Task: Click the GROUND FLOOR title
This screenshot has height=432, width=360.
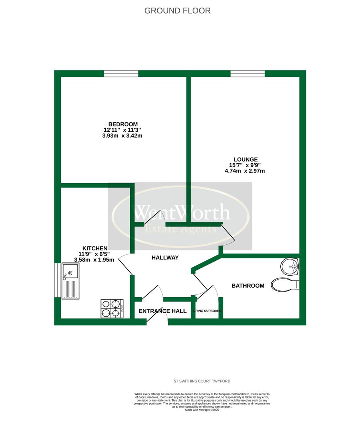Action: [x=177, y=11]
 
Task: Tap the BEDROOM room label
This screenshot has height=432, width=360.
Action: [x=123, y=124]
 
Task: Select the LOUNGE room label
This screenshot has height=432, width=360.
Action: [x=245, y=160]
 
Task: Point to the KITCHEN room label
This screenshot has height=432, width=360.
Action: [x=95, y=248]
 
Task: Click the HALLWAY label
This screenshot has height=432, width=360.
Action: [x=165, y=258]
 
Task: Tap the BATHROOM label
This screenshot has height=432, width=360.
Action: [x=248, y=286]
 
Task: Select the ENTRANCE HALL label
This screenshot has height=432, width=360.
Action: [x=163, y=311]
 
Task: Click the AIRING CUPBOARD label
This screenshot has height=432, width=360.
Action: [x=207, y=311]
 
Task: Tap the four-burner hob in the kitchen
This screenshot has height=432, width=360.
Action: [x=112, y=308]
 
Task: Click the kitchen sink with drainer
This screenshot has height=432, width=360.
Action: [x=70, y=281]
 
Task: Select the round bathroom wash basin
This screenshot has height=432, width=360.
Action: [x=290, y=266]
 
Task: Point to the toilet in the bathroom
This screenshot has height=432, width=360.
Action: [x=285, y=284]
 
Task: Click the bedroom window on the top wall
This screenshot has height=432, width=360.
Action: [x=121, y=74]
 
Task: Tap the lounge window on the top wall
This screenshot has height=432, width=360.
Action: [x=248, y=74]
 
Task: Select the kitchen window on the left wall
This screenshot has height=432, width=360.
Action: [x=57, y=280]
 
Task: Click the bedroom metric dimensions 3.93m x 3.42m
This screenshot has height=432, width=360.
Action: [x=122, y=136]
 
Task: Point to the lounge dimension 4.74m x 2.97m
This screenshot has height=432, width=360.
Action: [x=245, y=171]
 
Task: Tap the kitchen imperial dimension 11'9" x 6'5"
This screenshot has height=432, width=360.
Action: [x=94, y=254]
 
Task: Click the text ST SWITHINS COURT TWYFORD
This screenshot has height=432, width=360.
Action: [x=202, y=381]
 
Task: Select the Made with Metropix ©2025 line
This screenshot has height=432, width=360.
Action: [x=202, y=410]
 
